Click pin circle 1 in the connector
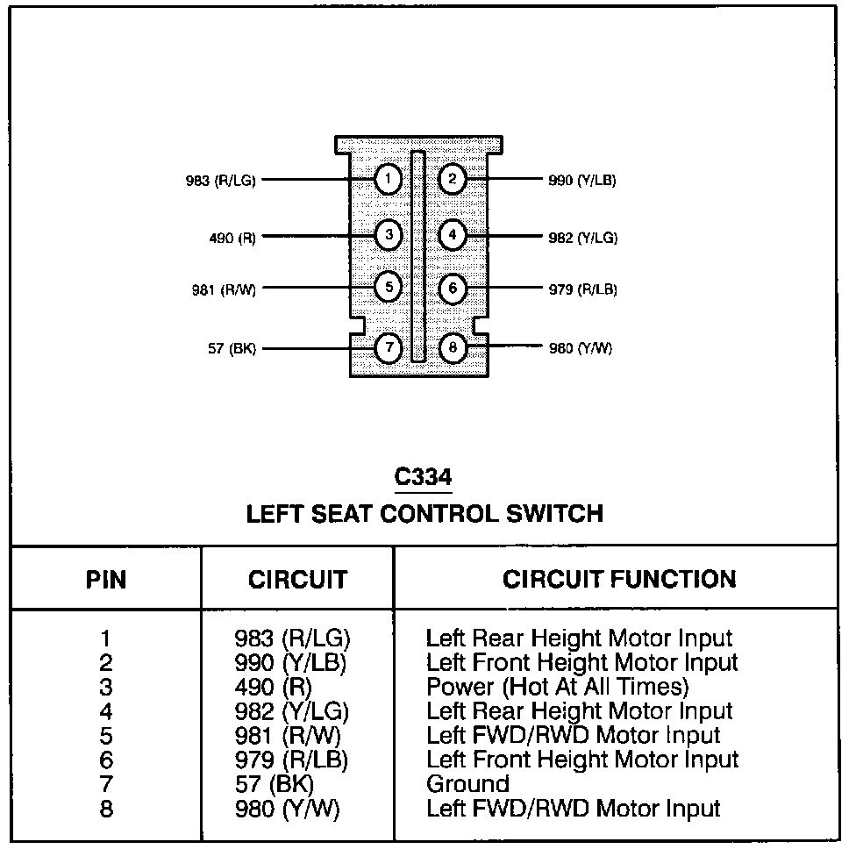pyautogui.click(x=387, y=181)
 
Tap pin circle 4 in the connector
pyautogui.click(x=453, y=235)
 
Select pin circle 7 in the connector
pyautogui.click(x=387, y=348)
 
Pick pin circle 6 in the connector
pyautogui.click(x=453, y=289)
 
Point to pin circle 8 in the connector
pyautogui.click(x=453, y=348)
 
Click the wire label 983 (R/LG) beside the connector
pyautogui.click(x=220, y=182)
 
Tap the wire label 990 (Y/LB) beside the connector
pyautogui.click(x=582, y=182)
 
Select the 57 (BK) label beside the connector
pyautogui.click(x=232, y=349)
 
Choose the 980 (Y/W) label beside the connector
pyautogui.click(x=580, y=349)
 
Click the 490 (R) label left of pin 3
pyautogui.click(x=232, y=237)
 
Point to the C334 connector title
pyautogui.click(x=423, y=477)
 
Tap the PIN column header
pyautogui.click(x=106, y=580)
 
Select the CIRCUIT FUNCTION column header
pyautogui.click(x=619, y=579)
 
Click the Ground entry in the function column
pyautogui.click(x=467, y=783)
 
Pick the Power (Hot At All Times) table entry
pyautogui.click(x=558, y=686)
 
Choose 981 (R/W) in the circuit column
pyautogui.click(x=289, y=735)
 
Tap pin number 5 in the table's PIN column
pyautogui.click(x=106, y=735)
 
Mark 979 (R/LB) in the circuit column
pyautogui.click(x=291, y=760)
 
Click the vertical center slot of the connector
pyautogui.click(x=418, y=256)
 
